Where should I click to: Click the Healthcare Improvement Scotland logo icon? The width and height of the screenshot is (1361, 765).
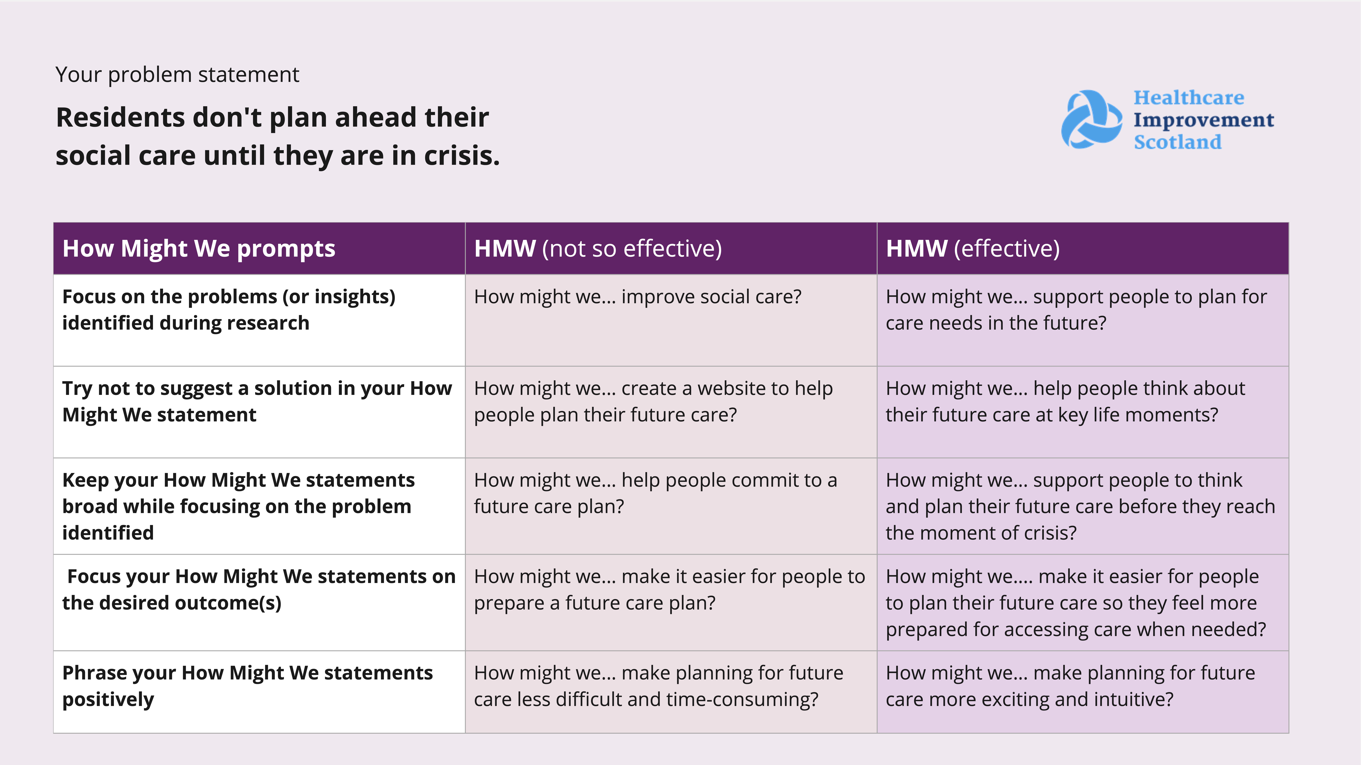click(x=1092, y=119)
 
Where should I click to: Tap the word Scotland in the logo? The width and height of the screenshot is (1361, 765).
click(x=1178, y=142)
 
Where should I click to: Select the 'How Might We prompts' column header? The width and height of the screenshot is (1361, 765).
click(x=199, y=248)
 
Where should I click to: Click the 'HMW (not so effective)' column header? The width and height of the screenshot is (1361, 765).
click(x=598, y=248)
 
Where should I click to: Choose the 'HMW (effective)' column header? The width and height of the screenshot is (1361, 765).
click(x=973, y=248)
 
